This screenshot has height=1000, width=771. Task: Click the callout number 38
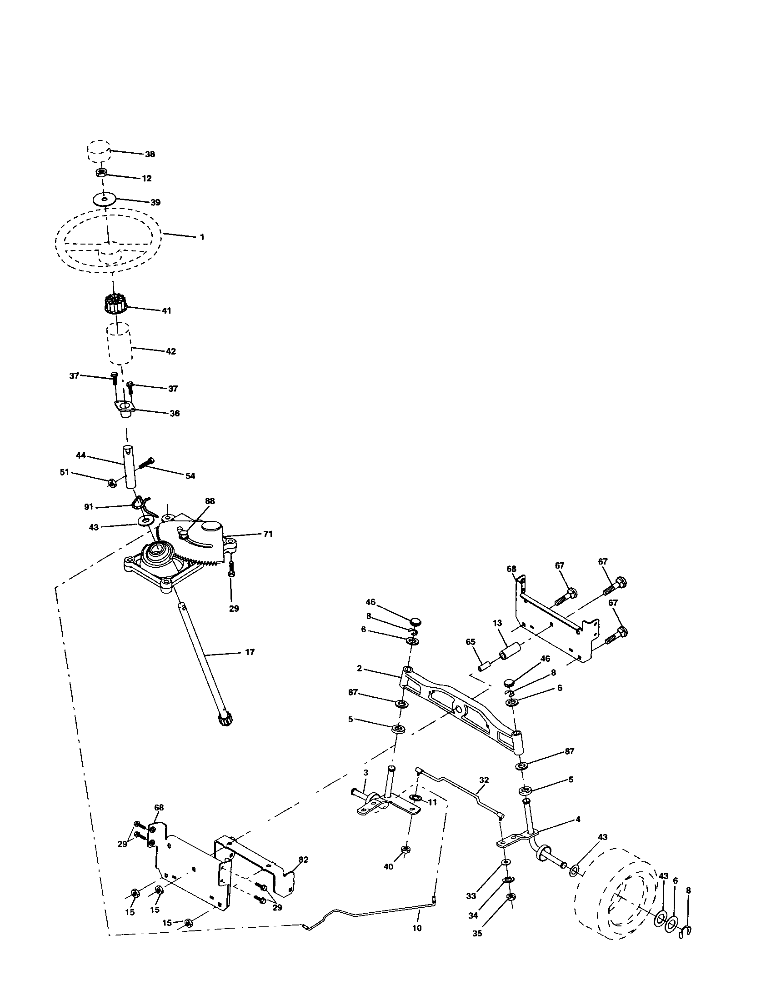(150, 154)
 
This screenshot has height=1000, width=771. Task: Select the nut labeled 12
(102, 173)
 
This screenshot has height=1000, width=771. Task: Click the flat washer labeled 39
(104, 200)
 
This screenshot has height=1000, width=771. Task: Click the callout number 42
(170, 352)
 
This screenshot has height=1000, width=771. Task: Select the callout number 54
(190, 476)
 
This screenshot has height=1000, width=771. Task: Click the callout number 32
(484, 780)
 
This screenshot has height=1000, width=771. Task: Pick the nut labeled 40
(405, 850)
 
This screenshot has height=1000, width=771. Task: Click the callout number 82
(303, 860)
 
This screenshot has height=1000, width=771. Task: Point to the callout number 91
(88, 507)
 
